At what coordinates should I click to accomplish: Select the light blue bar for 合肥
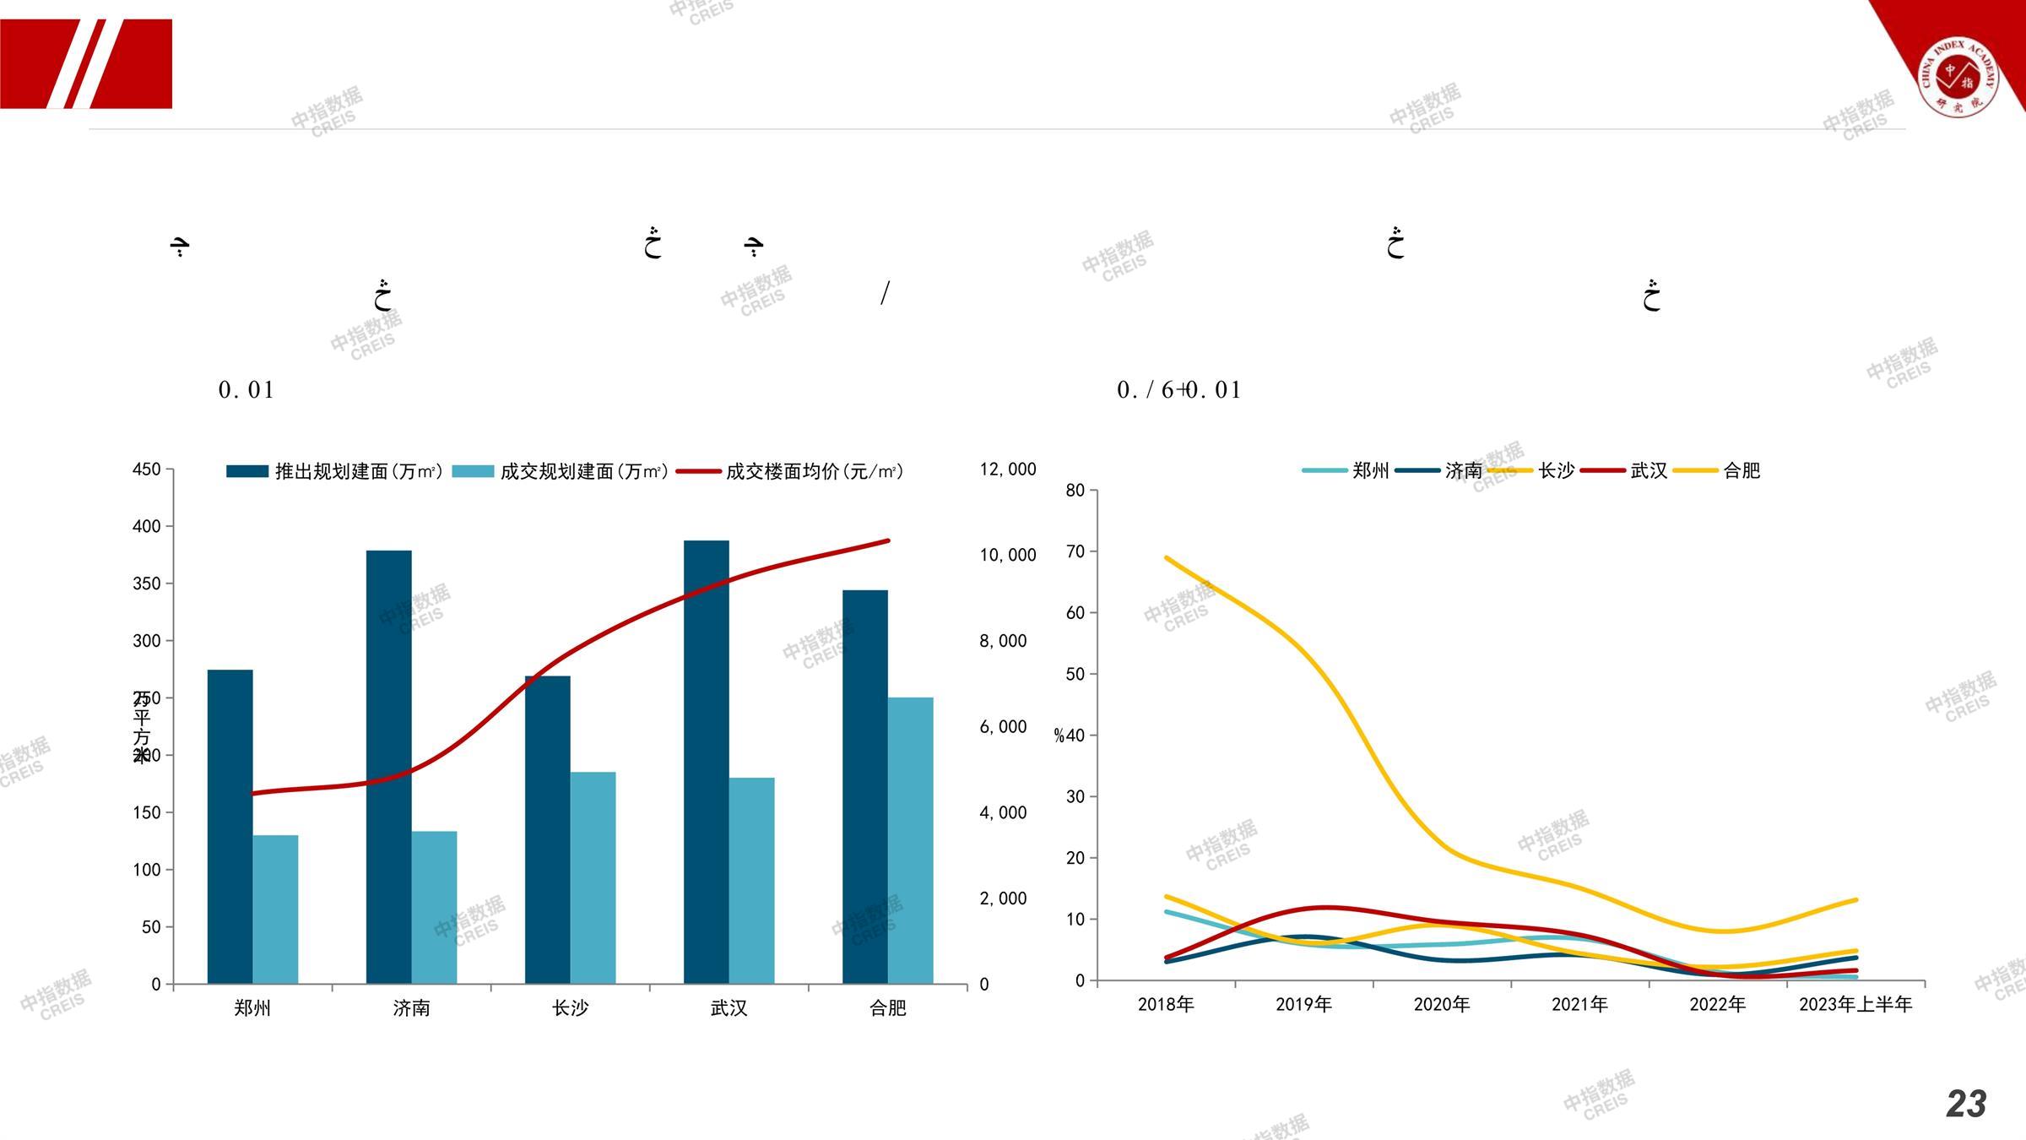pos(910,840)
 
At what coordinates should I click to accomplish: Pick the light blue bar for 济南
pos(434,907)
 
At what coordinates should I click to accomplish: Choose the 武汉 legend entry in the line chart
pos(1626,470)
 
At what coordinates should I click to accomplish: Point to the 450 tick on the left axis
pos(146,470)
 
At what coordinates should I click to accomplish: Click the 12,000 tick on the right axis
pos(1007,470)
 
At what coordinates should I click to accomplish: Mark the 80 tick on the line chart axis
pos(1075,491)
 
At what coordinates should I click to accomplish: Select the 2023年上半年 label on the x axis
pos(1855,1004)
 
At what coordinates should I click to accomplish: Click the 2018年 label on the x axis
pos(1166,1004)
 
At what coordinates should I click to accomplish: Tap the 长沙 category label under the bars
pos(570,1008)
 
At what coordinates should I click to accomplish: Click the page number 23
pos(1966,1104)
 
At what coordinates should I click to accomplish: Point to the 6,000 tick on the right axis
pos(1003,727)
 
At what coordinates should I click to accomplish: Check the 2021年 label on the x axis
pos(1579,1004)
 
